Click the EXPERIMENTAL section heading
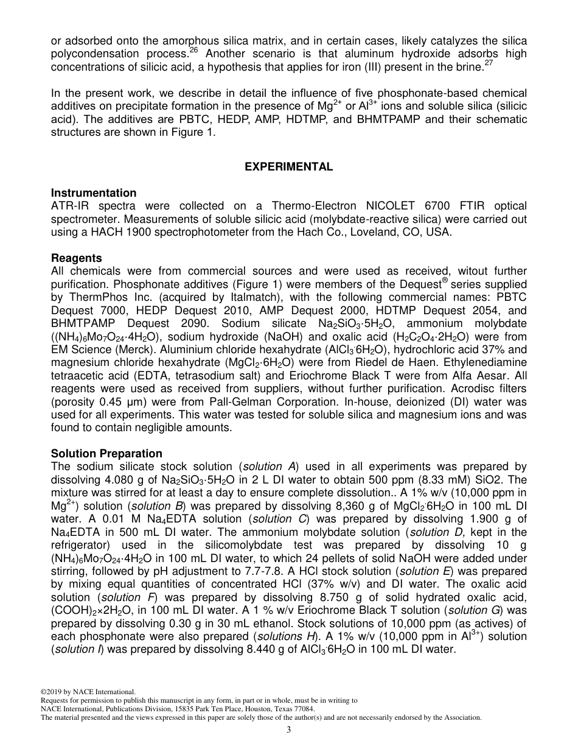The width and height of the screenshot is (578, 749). (x=288, y=167)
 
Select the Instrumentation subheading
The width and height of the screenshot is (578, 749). (x=94, y=193)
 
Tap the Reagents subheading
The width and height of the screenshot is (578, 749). (x=76, y=258)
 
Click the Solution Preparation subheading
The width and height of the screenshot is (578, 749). (x=106, y=454)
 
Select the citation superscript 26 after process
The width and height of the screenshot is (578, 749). (x=194, y=51)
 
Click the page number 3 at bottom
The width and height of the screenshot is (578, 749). (x=288, y=731)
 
